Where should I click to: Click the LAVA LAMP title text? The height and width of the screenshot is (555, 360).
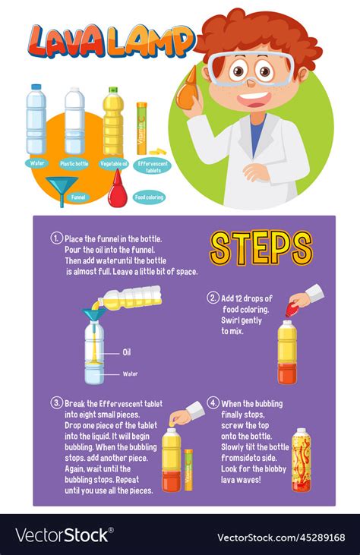[110, 41]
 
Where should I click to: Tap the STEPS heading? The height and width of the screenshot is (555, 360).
[261, 248]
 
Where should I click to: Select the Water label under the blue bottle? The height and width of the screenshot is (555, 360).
[36, 162]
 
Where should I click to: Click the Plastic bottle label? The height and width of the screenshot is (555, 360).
[74, 163]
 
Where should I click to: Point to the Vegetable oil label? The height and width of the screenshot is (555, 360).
[114, 163]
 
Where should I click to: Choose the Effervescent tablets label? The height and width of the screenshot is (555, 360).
[154, 165]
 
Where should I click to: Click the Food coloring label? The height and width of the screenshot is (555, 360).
[150, 197]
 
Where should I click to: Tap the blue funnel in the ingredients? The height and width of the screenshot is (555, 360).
[62, 189]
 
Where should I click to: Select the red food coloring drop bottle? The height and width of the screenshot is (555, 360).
[118, 191]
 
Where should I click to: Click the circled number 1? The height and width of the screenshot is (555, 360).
[56, 238]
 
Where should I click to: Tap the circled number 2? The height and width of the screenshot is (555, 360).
[213, 298]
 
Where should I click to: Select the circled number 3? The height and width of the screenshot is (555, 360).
[57, 402]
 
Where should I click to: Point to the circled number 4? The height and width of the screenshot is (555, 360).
[213, 402]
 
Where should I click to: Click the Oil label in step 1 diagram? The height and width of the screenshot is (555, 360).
[128, 352]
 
